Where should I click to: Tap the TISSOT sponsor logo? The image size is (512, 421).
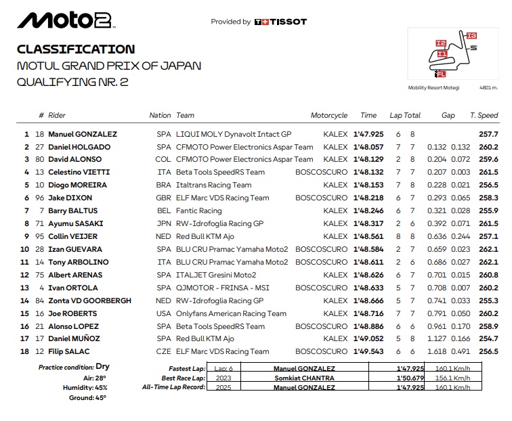pyautogui.click(x=280, y=22)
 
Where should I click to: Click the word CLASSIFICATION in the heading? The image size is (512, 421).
pyautogui.click(x=76, y=49)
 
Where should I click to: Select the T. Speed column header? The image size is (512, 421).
pyautogui.click(x=484, y=116)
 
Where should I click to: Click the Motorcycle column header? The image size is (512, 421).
pyautogui.click(x=329, y=116)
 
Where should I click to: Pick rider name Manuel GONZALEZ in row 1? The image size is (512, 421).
pyautogui.click(x=83, y=134)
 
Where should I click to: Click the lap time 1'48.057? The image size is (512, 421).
pyautogui.click(x=368, y=147)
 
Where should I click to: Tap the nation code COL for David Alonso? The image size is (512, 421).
pyautogui.click(x=163, y=160)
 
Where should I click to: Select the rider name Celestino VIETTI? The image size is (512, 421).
pyautogui.click(x=79, y=173)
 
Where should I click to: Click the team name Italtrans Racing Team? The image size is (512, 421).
pyautogui.click(x=213, y=185)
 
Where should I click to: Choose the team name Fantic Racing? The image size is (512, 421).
pyautogui.click(x=199, y=211)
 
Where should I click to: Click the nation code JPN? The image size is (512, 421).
pyautogui.click(x=163, y=223)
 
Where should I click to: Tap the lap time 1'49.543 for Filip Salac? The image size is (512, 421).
pyautogui.click(x=368, y=351)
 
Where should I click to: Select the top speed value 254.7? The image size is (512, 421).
pyautogui.click(x=488, y=338)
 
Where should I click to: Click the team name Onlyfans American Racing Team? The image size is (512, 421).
pyautogui.click(x=231, y=313)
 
